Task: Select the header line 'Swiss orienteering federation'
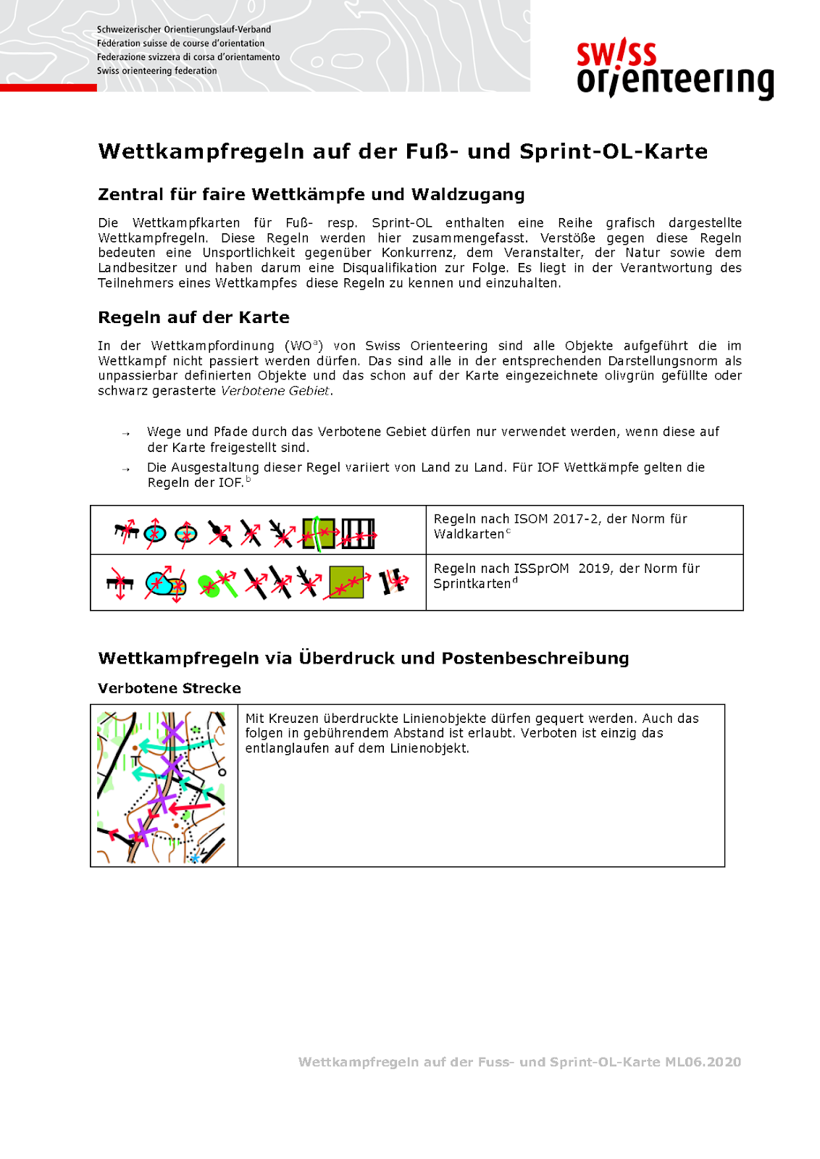156,71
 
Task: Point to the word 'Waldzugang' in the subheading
468,194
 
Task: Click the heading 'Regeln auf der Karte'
193,317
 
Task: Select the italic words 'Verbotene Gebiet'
275,391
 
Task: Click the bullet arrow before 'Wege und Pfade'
126,434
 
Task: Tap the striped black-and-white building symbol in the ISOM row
358,533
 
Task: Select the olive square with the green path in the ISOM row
319,533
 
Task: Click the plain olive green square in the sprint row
346,582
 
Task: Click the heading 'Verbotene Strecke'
170,688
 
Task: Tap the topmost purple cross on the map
172,732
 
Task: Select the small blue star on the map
194,858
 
